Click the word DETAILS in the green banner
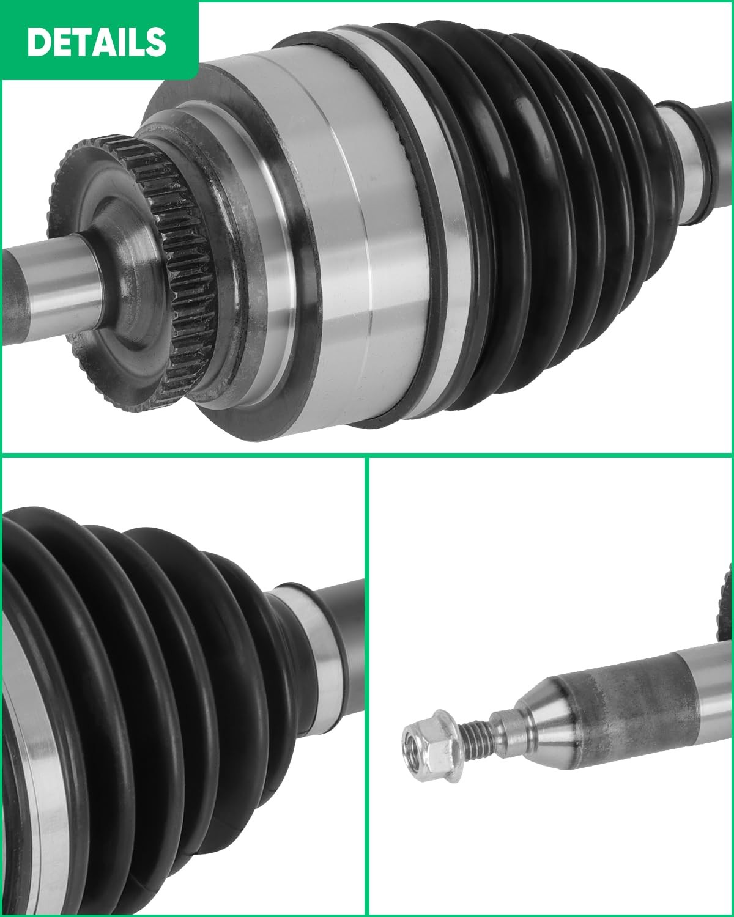coord(97,42)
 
